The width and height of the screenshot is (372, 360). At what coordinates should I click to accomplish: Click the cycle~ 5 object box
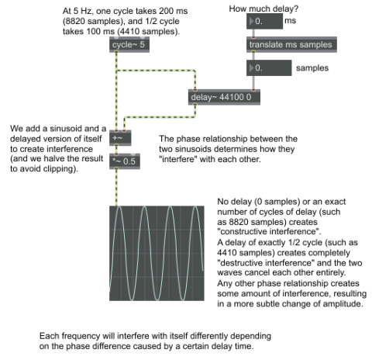point(129,44)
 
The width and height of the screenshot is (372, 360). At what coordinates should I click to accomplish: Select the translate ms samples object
point(291,44)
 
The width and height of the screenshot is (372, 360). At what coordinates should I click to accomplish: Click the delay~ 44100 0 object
point(224,97)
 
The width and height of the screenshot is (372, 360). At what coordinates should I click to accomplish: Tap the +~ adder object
point(120,138)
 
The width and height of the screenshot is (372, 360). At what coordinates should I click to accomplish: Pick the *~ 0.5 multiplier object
point(125,161)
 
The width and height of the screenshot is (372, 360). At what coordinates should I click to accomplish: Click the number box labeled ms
point(264,21)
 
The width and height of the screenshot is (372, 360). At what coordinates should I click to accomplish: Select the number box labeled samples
point(269,67)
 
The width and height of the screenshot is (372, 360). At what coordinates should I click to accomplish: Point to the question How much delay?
point(263,9)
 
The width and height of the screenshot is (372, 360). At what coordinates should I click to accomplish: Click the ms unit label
point(291,21)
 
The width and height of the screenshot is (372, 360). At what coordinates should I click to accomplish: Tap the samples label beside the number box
point(312,68)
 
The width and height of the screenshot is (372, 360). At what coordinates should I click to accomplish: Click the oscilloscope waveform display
point(157,253)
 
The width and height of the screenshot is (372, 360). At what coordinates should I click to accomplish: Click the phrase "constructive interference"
point(269,231)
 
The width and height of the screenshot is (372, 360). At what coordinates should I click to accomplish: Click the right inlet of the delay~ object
point(253,90)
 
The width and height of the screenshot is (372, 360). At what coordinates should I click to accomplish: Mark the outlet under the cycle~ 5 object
point(116,52)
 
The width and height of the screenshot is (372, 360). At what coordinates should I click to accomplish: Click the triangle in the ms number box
point(251,21)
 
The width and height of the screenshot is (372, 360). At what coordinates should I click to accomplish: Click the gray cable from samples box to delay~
point(253,82)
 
